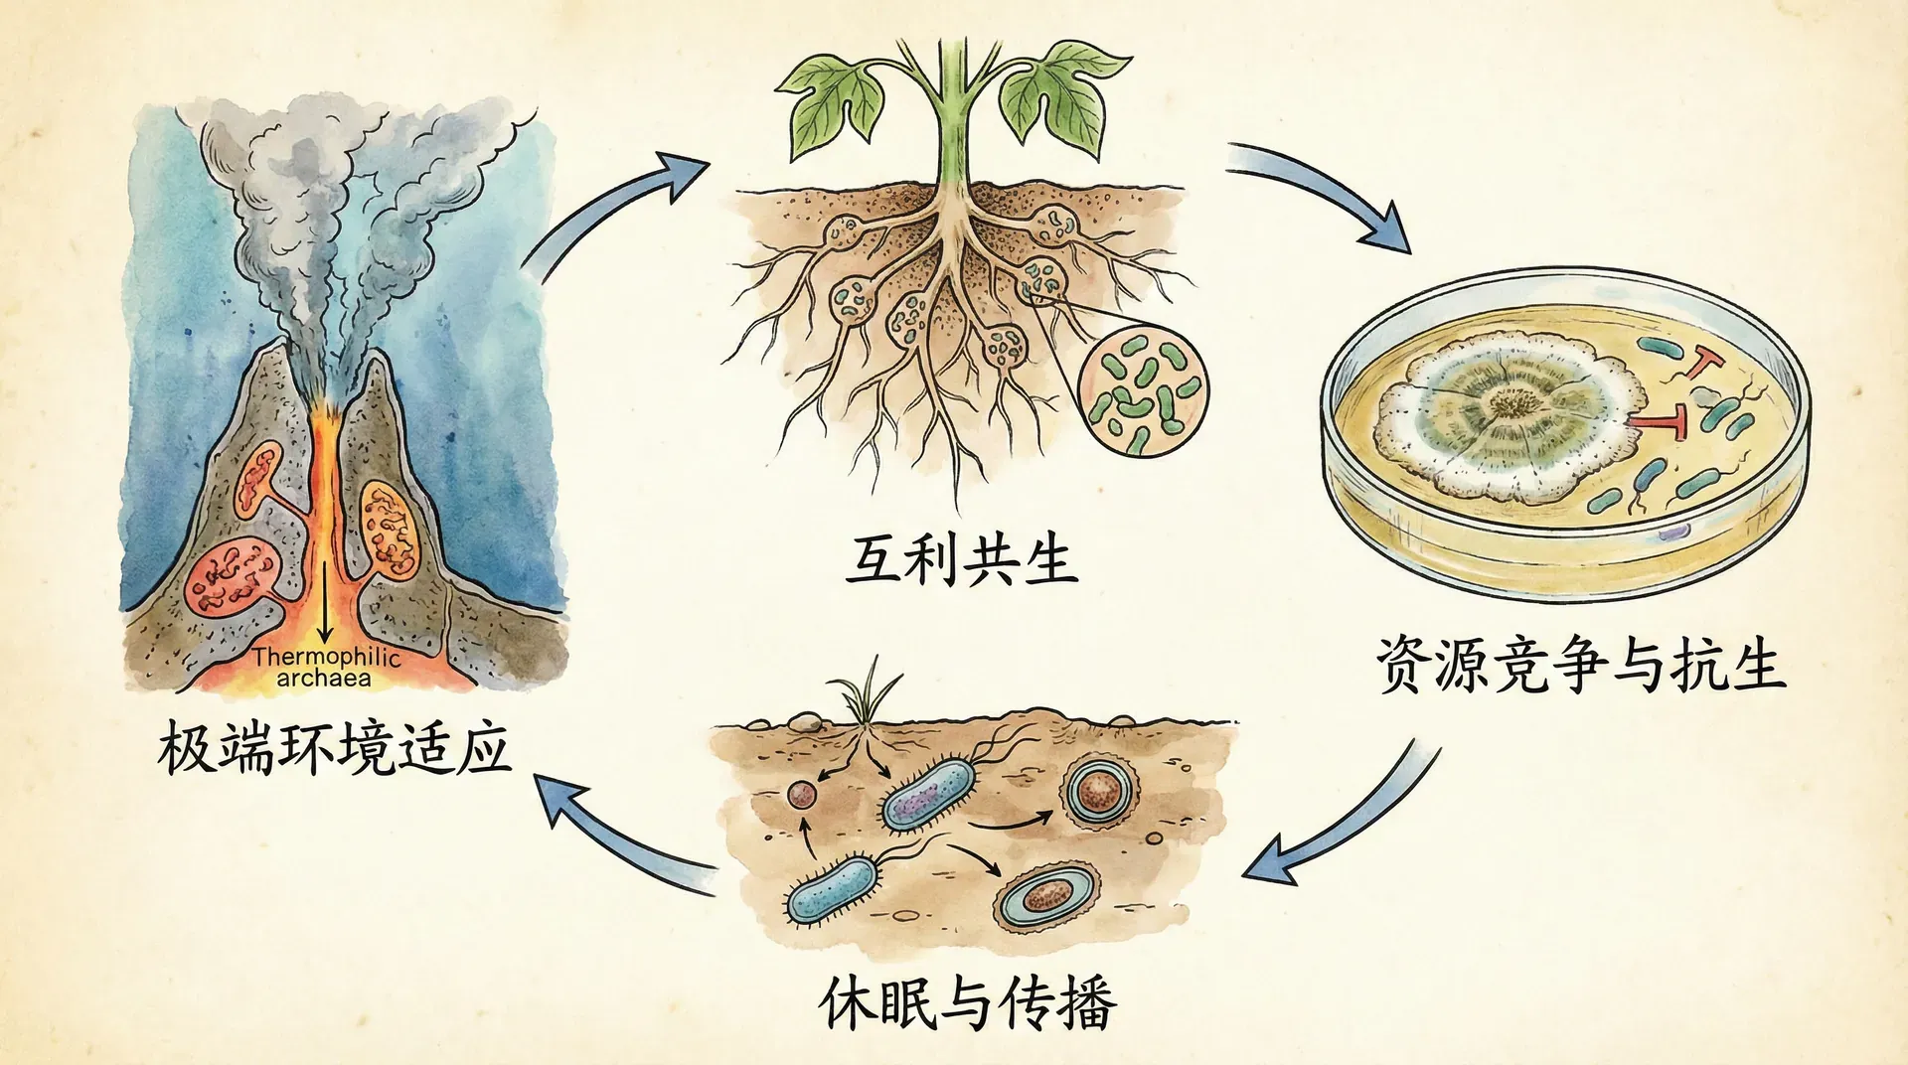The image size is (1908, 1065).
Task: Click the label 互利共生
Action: click(960, 559)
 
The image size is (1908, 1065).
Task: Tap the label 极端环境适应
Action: click(334, 748)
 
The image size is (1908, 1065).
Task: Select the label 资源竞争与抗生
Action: click(1580, 665)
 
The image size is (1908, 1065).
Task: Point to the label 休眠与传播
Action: click(968, 1003)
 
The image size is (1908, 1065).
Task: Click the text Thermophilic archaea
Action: click(325, 668)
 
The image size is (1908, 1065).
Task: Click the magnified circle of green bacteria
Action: click(1144, 392)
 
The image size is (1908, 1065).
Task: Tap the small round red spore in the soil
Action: click(801, 794)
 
